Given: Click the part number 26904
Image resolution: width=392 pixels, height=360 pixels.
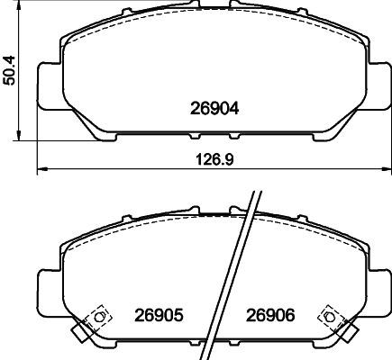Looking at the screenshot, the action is coord(214,108).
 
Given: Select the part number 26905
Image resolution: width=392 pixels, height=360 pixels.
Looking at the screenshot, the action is coord(159,315).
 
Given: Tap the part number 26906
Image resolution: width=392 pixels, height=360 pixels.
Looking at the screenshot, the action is coord(270,315).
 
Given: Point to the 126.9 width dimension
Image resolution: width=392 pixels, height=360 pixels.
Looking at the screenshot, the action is coord(214,159).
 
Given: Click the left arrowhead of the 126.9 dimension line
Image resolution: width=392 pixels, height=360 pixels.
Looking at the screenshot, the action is coord(42,169).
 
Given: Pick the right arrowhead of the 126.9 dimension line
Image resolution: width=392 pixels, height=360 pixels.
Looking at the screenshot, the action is coord(387,169).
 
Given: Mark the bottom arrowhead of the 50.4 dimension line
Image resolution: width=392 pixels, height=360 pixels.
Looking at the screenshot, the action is coord(19,135).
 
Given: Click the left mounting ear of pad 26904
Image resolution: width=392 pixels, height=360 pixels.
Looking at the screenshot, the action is coord(50,85).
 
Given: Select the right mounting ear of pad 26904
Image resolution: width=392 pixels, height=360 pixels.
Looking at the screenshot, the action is coord(378,85).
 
